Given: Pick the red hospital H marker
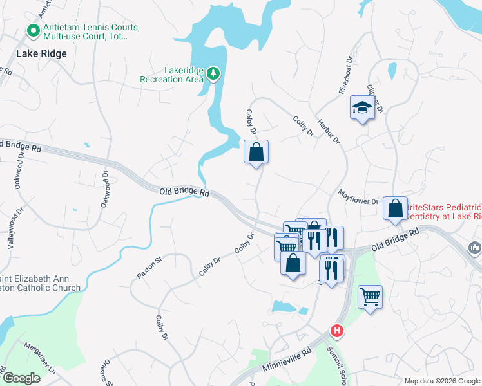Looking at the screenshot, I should click(x=336, y=331).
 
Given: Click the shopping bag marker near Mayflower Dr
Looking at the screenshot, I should click(x=395, y=208).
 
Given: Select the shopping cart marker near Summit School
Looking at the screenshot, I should click(x=370, y=297).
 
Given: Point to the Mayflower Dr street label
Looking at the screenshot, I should click(x=358, y=196).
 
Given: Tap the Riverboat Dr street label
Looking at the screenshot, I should click(x=347, y=78).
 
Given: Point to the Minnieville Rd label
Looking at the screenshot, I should click(x=287, y=360).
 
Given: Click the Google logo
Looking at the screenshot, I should click(x=21, y=379).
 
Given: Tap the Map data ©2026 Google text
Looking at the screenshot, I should click(x=441, y=381).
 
